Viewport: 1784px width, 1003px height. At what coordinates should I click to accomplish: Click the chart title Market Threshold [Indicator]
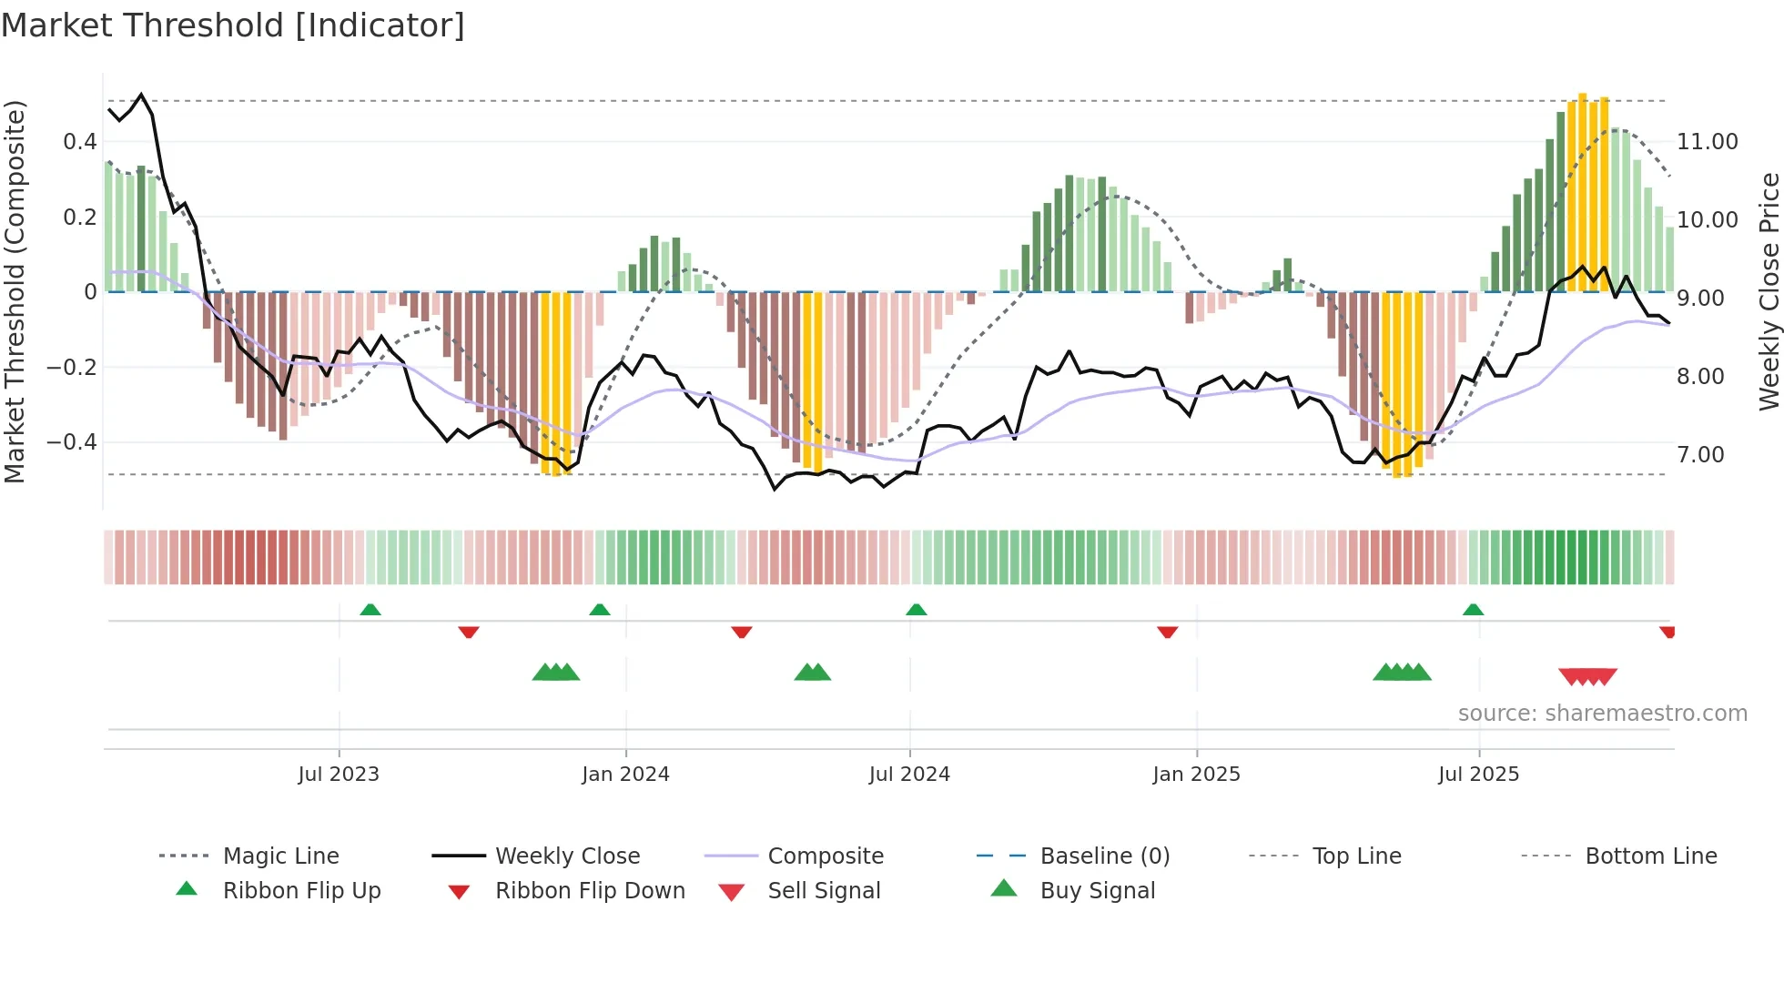click(x=233, y=25)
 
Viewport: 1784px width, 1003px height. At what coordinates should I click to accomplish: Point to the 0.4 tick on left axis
click(x=79, y=141)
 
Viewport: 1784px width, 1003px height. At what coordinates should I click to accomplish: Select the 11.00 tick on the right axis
click(x=1707, y=141)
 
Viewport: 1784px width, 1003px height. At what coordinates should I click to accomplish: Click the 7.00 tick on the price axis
click(x=1699, y=454)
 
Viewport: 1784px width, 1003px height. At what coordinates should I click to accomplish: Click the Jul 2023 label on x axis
click(x=338, y=774)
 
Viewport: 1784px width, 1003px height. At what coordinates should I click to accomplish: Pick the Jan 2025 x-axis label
click(x=1195, y=774)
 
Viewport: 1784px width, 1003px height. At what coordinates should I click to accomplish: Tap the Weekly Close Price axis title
click(x=1769, y=291)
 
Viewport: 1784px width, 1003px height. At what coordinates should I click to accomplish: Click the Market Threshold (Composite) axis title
click(x=15, y=291)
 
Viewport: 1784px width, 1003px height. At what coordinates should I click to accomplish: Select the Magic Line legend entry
click(x=280, y=856)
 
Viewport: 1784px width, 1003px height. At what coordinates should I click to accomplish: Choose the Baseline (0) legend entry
click(x=1104, y=856)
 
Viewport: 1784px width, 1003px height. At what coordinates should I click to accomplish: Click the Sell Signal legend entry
click(x=823, y=890)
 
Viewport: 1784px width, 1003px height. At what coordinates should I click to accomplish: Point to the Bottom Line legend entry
click(x=1650, y=856)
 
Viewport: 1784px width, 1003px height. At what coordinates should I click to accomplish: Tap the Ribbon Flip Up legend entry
click(x=301, y=890)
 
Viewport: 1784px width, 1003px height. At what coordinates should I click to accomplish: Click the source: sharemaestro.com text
click(x=1602, y=713)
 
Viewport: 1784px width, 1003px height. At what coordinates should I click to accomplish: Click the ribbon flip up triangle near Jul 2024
click(x=916, y=610)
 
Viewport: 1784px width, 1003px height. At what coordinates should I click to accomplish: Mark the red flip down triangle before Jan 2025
click(x=1167, y=632)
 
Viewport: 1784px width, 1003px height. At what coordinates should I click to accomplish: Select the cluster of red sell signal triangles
click(x=1587, y=676)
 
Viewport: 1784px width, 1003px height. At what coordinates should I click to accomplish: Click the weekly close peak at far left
click(x=141, y=95)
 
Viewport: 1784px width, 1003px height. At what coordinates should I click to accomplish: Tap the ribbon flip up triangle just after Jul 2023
click(x=370, y=610)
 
